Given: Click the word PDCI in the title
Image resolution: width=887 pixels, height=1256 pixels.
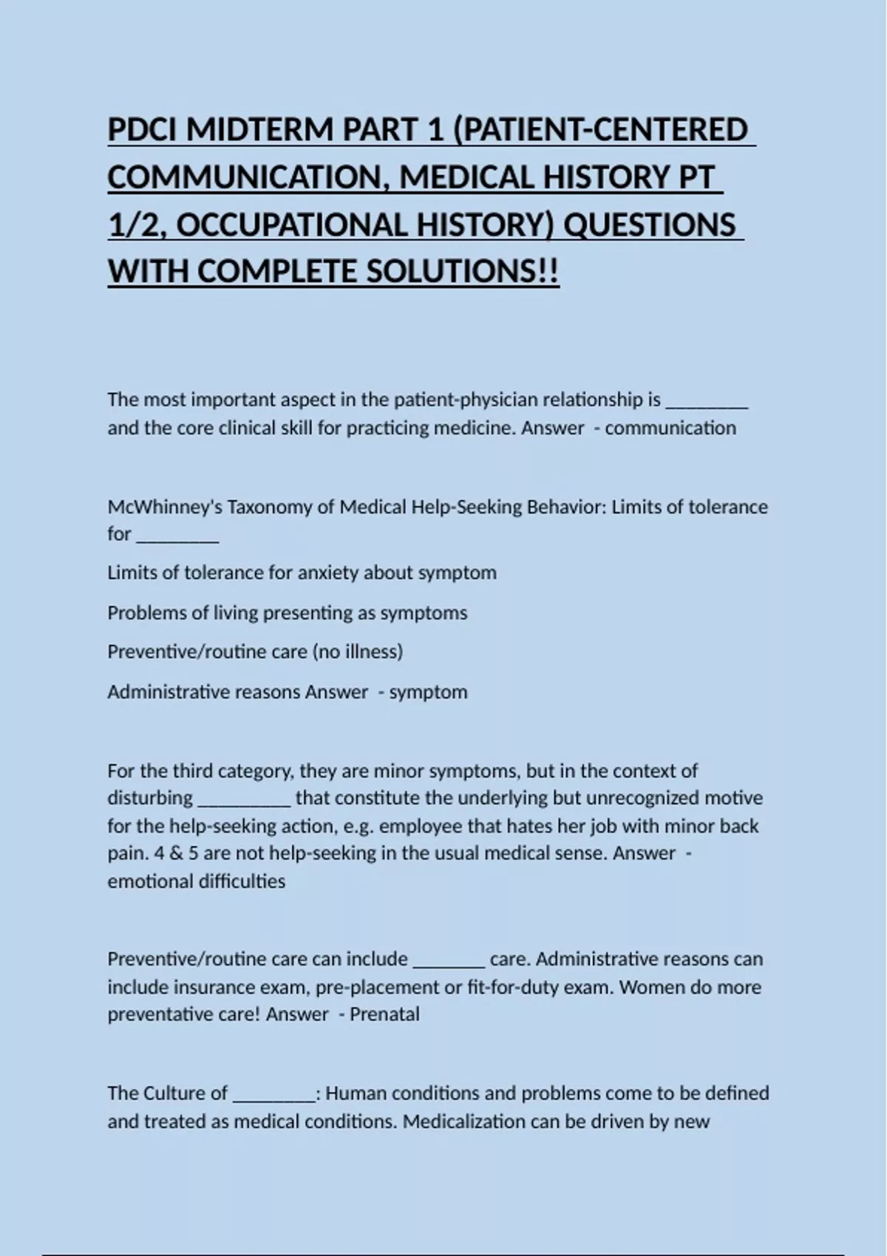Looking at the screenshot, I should tap(143, 130).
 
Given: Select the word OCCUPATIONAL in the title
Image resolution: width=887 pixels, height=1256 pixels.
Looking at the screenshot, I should tap(292, 225).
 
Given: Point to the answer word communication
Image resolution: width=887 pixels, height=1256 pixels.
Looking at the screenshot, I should tap(670, 429).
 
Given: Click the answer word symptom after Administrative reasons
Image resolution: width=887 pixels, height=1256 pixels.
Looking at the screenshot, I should tap(429, 692).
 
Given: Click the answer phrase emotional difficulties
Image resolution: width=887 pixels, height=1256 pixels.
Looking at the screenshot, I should tap(197, 881).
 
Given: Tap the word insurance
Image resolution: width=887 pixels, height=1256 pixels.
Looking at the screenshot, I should tap(209, 988).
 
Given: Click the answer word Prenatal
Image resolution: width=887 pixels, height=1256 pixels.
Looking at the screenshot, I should tap(384, 1014).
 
